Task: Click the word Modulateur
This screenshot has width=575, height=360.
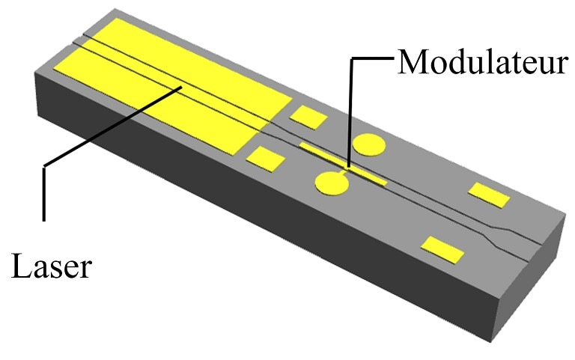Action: (483, 62)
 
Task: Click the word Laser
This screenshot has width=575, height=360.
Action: (51, 266)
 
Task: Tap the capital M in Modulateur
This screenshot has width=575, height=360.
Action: (411, 62)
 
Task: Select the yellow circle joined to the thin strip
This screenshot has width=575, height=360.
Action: (332, 183)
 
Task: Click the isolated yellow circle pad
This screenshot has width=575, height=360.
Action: (369, 144)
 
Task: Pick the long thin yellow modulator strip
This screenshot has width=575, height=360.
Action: (343, 164)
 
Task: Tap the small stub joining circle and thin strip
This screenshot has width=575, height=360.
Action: (344, 172)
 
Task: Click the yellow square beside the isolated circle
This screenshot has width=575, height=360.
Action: (308, 118)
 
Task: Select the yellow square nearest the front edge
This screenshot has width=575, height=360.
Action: (265, 159)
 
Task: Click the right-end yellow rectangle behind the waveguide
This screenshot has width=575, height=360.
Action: (489, 195)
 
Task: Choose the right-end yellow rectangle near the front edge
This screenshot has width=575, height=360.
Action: (442, 250)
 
